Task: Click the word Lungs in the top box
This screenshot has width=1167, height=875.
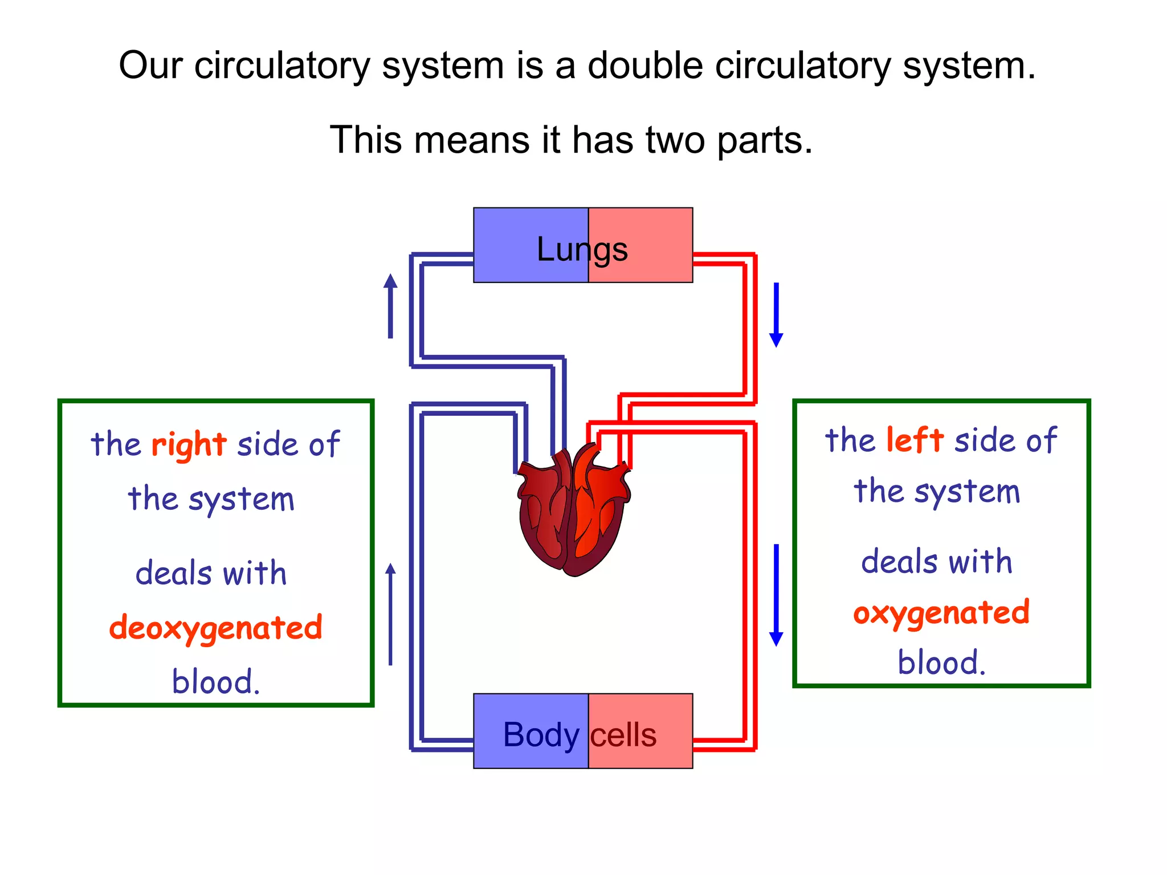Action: point(582,250)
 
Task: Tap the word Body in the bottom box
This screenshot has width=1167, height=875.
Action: point(541,735)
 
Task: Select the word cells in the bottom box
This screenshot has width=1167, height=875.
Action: point(623,735)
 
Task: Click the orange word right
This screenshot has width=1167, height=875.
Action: point(189,444)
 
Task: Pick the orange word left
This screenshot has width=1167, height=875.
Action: point(915,440)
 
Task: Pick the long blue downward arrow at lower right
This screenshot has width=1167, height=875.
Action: point(776,595)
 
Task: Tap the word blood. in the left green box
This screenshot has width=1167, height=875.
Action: point(216,682)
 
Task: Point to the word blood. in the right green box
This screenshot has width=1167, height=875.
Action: point(941,663)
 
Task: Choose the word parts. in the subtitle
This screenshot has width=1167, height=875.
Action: point(764,140)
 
